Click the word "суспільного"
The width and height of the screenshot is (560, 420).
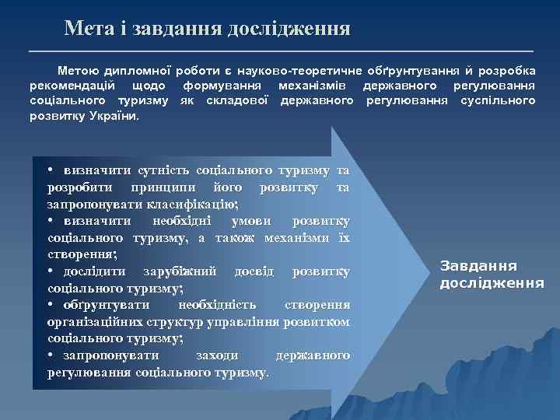click(498, 100)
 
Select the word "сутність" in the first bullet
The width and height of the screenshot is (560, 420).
click(163, 170)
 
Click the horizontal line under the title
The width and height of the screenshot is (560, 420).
click(280, 51)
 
